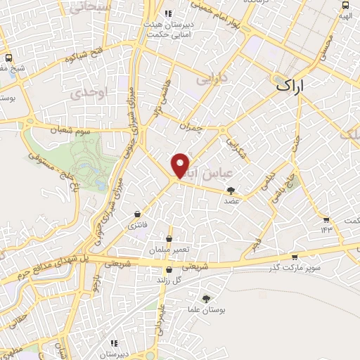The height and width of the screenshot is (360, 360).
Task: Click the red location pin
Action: pyautogui.click(x=181, y=165)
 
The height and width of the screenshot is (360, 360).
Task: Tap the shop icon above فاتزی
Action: pyautogui.click(x=136, y=213)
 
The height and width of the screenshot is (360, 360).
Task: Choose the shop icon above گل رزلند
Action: pyautogui.click(x=168, y=271)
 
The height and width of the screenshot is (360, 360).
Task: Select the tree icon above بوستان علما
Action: pyautogui.click(x=206, y=299)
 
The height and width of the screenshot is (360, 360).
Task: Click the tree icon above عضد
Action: pyautogui.click(x=231, y=190)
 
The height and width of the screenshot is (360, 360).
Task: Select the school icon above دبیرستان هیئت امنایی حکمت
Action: pyautogui.click(x=167, y=13)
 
